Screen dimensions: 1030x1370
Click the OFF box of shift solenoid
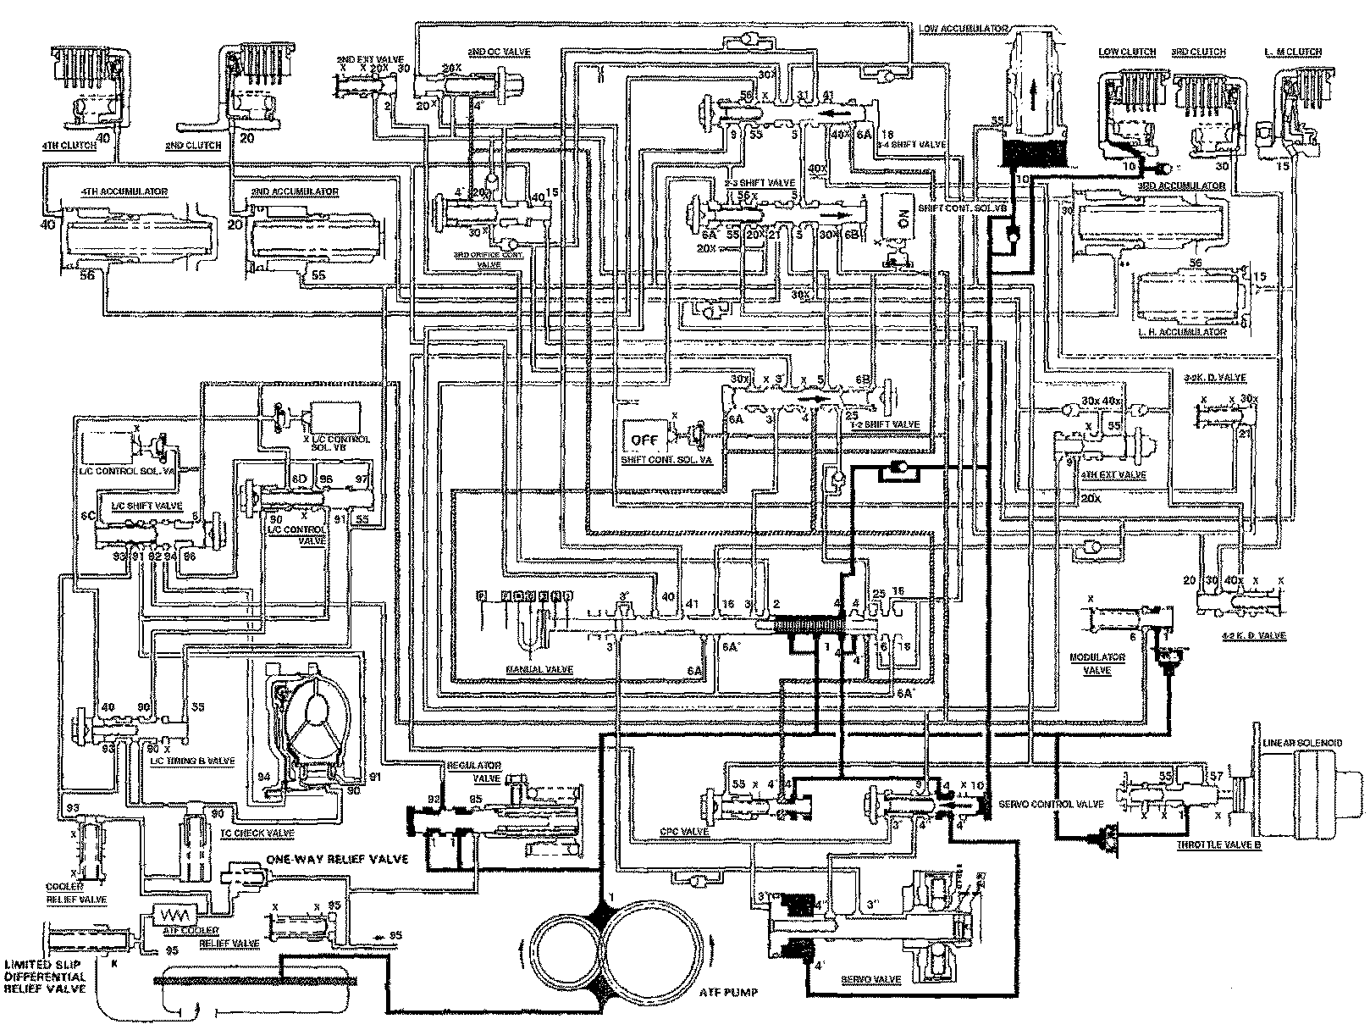(x=644, y=440)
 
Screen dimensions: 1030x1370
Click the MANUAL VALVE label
(x=540, y=669)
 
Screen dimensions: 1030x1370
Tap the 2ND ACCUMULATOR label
(x=294, y=192)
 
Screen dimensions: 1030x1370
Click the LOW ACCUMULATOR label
(x=963, y=29)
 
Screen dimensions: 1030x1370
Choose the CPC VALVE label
(x=684, y=832)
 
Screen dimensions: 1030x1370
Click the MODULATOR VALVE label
(x=1098, y=662)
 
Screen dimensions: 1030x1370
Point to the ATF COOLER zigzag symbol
(x=172, y=916)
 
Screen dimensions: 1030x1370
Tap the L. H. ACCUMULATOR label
(x=1184, y=332)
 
